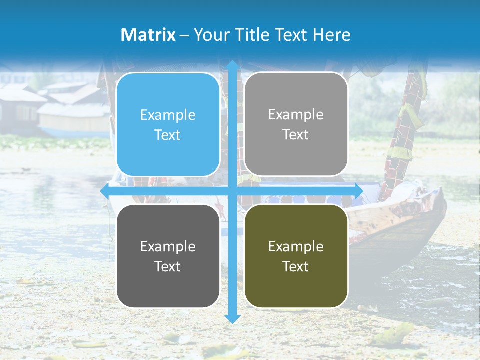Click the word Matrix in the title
coord(148,35)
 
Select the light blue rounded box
coord(168,124)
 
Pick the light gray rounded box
coord(296,124)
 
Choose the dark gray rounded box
coord(168,256)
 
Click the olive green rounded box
coord(296,256)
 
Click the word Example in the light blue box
coord(168,115)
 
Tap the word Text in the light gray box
coord(296,135)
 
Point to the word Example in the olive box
coord(296,246)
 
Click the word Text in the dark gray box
coord(168,267)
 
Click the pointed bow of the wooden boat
coord(441,192)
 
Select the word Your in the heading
coord(208,35)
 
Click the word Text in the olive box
coord(296,267)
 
